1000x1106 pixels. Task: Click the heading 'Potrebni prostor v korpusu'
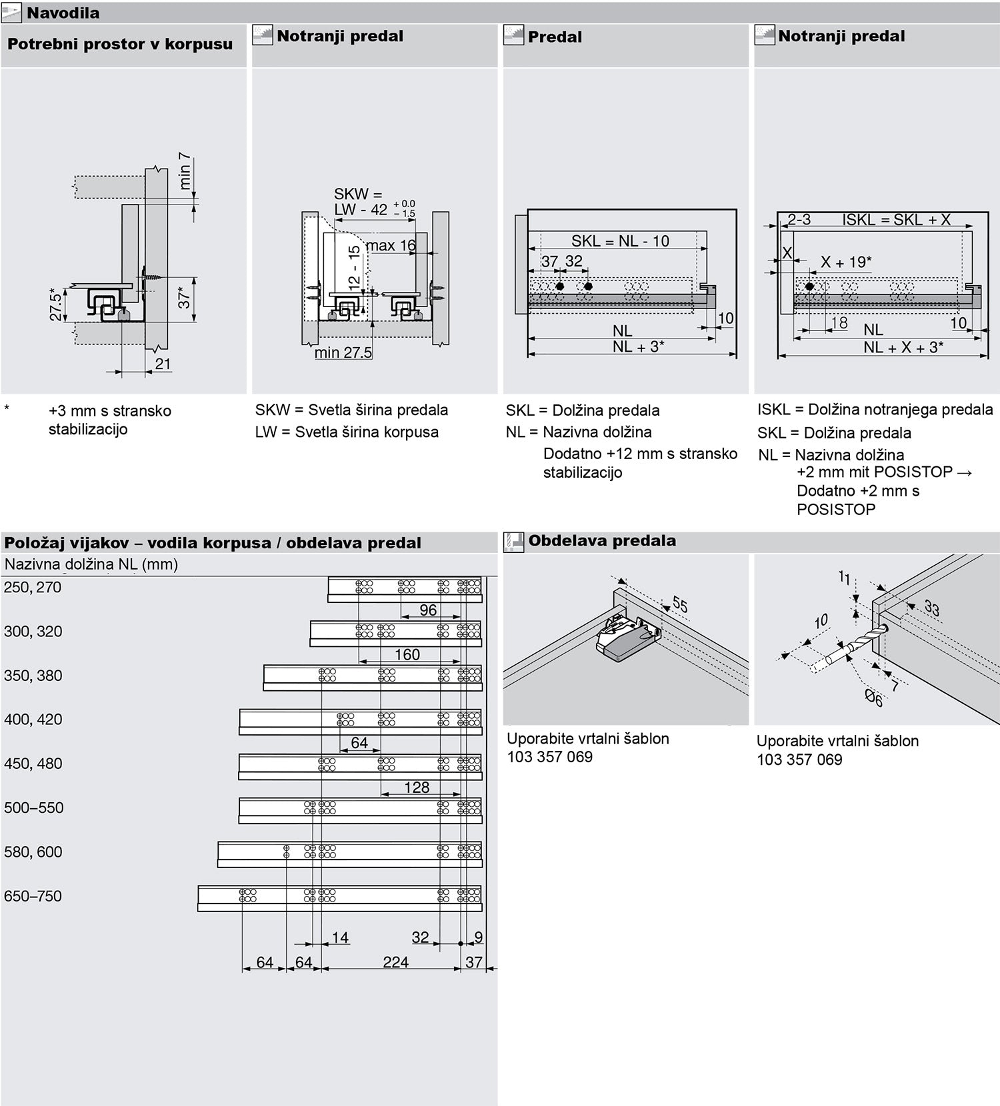pos(120,44)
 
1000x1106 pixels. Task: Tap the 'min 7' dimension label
pos(185,171)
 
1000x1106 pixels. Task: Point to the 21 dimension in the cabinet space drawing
pos(163,364)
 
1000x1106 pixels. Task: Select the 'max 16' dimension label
pos(391,245)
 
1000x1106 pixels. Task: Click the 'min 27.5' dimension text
pos(343,352)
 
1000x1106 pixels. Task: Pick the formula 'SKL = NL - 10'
pos(620,241)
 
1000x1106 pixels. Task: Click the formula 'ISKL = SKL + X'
pos(896,220)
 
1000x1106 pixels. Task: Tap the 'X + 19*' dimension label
pos(845,262)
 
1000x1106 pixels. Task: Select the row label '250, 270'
pos(33,587)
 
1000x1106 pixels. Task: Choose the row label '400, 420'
pos(33,720)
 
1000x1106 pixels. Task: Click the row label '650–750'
pos(33,896)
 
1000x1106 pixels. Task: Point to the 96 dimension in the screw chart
pos(428,610)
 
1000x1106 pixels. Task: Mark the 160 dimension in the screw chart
pos(407,654)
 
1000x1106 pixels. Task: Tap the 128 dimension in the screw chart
pos(417,787)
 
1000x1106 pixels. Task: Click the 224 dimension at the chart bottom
pos(395,962)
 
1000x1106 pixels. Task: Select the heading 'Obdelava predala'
pos(602,541)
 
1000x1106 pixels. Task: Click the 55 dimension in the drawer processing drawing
pos(679,604)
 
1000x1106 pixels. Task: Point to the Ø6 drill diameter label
pos(874,698)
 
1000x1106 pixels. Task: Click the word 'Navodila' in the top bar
pos(63,13)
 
